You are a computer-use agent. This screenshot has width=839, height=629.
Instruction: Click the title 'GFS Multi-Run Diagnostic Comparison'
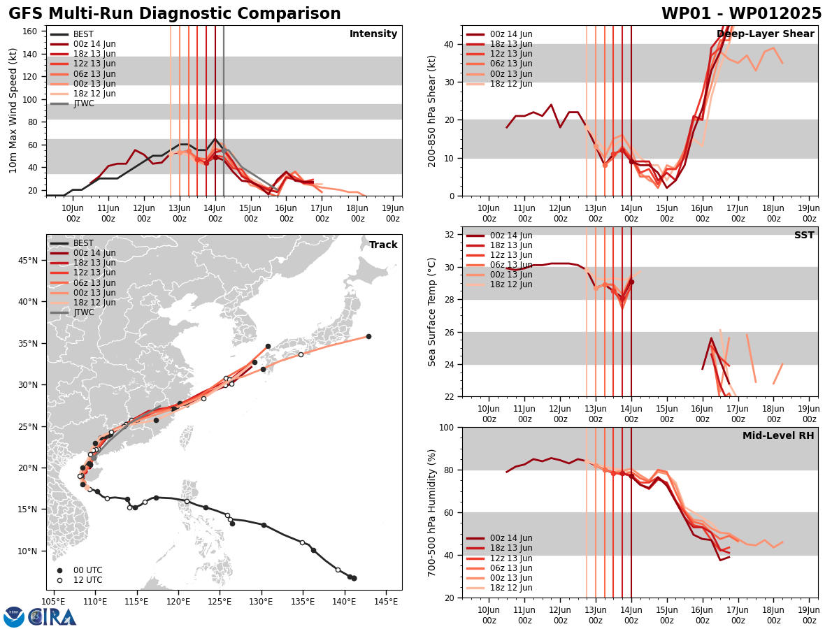tap(175, 14)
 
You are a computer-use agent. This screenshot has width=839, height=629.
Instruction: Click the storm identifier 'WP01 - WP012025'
tap(741, 14)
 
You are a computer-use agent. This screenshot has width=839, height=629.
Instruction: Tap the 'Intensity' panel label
tap(373, 34)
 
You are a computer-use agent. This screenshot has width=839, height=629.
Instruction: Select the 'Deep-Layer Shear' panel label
tap(766, 34)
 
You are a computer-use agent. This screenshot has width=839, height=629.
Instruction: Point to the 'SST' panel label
tap(804, 236)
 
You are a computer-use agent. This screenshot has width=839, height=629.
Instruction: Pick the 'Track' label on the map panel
tap(383, 245)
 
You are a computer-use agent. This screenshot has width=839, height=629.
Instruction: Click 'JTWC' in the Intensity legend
tap(84, 103)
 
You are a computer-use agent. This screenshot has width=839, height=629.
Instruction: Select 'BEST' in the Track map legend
tap(83, 243)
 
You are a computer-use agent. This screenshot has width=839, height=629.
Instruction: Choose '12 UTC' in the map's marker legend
tap(87, 580)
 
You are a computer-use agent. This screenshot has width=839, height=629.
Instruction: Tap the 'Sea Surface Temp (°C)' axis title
tap(433, 312)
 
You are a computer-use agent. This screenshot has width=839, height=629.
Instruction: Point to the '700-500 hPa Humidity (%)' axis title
tap(433, 512)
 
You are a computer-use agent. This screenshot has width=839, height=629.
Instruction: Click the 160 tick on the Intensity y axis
tap(31, 31)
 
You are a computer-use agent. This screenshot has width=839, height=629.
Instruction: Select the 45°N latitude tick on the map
tap(29, 261)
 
